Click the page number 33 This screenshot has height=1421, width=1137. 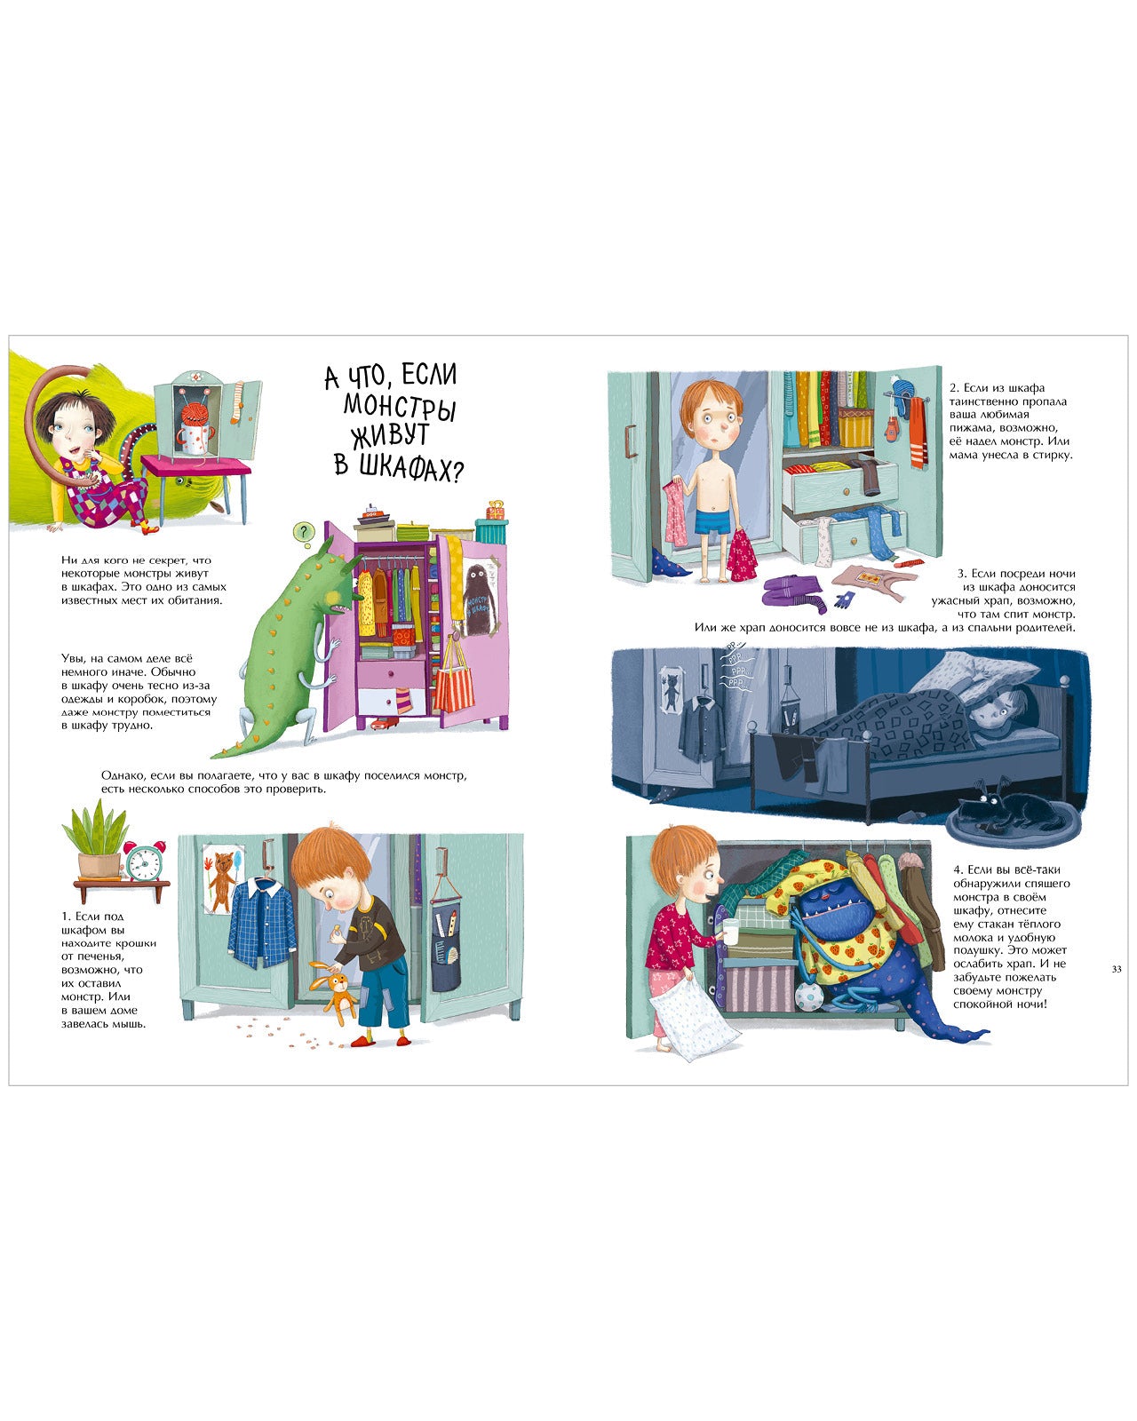tap(1116, 969)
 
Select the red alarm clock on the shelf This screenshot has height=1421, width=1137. tap(143, 861)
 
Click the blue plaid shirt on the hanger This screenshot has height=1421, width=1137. tap(262, 918)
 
